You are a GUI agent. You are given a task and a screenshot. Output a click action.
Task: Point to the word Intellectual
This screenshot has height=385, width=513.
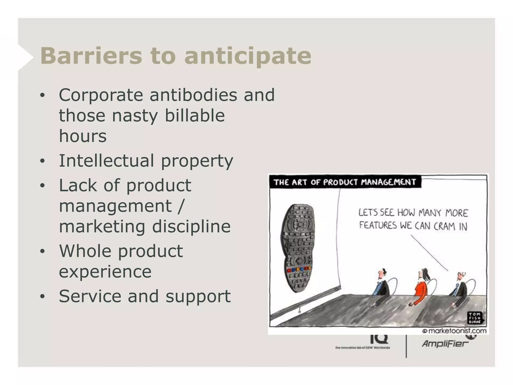coord(106,161)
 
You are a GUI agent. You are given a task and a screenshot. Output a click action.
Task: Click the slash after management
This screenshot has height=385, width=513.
coord(181,206)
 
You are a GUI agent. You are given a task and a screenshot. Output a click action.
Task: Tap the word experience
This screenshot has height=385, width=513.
coord(105,272)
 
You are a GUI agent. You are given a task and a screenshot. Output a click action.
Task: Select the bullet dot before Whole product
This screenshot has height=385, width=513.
coord(42,251)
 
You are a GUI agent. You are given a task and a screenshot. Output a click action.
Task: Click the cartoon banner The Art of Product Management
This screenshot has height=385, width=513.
coord(345,182)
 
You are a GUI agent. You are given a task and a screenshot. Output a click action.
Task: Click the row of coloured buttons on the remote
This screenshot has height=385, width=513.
coord(298,269)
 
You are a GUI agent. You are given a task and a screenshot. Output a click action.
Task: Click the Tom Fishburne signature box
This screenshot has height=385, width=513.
coord(475,318)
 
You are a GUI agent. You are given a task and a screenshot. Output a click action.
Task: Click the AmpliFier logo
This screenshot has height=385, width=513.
coord(445,343)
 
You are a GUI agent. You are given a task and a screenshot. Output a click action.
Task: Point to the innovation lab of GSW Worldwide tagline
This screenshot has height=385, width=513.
coord(362,348)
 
